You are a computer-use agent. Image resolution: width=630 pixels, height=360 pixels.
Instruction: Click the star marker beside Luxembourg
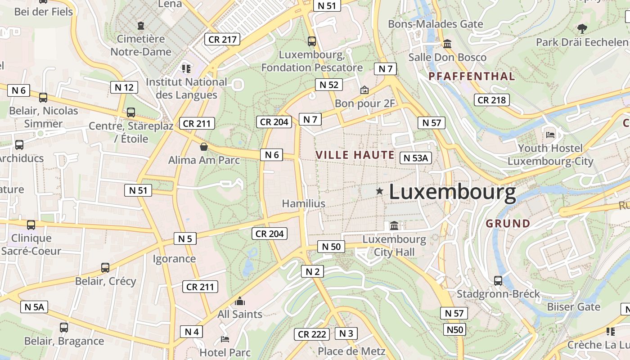(380, 191)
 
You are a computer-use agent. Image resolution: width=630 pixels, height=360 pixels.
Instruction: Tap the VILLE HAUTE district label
(355, 155)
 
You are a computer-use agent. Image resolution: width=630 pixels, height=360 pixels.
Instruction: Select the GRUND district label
(508, 224)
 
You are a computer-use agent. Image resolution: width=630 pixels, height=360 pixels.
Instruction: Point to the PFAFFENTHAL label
(472, 76)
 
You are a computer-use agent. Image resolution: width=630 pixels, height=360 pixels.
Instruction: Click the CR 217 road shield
(222, 40)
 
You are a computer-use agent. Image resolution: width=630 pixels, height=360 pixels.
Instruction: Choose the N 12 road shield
(124, 87)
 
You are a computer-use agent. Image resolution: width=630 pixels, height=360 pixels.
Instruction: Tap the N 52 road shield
(328, 85)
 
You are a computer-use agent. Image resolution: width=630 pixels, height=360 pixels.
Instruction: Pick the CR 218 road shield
(491, 100)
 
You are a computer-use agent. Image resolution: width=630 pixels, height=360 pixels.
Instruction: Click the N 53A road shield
(415, 157)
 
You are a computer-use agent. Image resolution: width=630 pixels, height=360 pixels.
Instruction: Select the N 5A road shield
(34, 307)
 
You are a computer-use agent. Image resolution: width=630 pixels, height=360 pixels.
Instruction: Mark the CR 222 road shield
(312, 334)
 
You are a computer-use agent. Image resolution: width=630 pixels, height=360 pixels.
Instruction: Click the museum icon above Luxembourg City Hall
(394, 225)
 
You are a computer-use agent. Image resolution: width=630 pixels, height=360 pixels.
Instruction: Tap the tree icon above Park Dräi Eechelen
(582, 29)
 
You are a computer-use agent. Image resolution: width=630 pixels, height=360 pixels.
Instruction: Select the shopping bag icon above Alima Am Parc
(204, 147)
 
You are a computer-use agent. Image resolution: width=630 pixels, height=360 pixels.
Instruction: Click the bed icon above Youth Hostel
(550, 135)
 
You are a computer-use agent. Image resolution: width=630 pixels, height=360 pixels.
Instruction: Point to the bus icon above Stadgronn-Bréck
(498, 281)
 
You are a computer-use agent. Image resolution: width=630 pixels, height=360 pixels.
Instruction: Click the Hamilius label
(303, 203)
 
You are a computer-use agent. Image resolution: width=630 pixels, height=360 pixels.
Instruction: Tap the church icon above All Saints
(240, 301)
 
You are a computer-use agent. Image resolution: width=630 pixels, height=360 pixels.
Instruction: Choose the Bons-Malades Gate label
(435, 24)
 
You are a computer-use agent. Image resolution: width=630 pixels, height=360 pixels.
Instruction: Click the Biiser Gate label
(573, 307)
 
